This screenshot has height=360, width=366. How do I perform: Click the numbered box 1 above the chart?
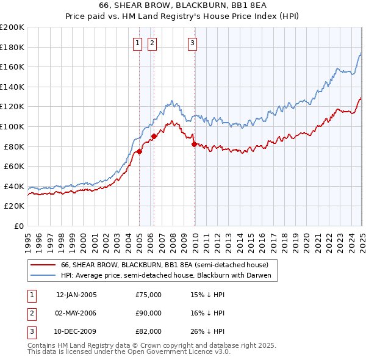pos(137,43)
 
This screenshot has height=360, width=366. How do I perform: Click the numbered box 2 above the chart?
pos(151,43)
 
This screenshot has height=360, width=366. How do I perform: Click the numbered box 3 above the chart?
pos(192,43)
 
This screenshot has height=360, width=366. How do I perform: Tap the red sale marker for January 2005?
pos(139,152)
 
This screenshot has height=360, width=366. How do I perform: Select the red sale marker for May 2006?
pos(154,137)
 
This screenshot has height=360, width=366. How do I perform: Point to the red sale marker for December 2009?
pos(194,145)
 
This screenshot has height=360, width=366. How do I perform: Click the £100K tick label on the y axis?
pos(12,126)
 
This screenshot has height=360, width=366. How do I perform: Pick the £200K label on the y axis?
pos(12,27)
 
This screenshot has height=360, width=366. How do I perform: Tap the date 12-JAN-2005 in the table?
pos(76,295)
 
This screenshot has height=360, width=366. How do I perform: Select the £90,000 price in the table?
pos(149,313)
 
